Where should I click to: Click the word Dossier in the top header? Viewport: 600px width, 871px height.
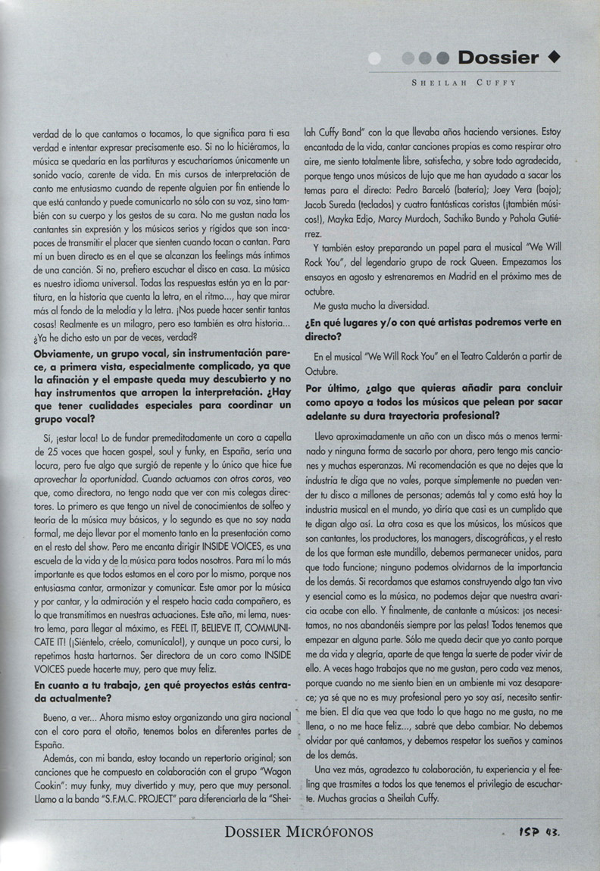[x=498, y=58]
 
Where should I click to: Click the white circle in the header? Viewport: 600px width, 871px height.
[x=374, y=58]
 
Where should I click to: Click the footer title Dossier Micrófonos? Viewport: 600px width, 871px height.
[x=298, y=832]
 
